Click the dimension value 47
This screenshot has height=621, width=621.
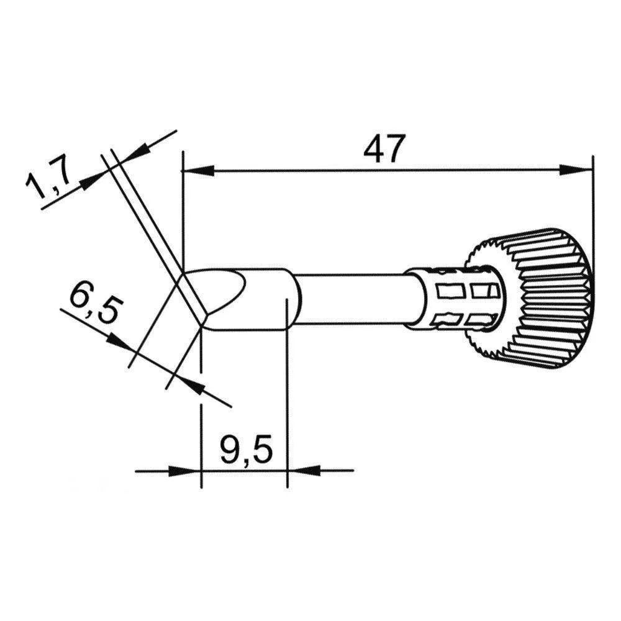(384, 149)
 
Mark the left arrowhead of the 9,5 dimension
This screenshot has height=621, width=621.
(186, 471)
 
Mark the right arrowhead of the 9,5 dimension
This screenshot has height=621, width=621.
(302, 471)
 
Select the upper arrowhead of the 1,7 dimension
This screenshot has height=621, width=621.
(137, 150)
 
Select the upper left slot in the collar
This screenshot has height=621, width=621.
(449, 290)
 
